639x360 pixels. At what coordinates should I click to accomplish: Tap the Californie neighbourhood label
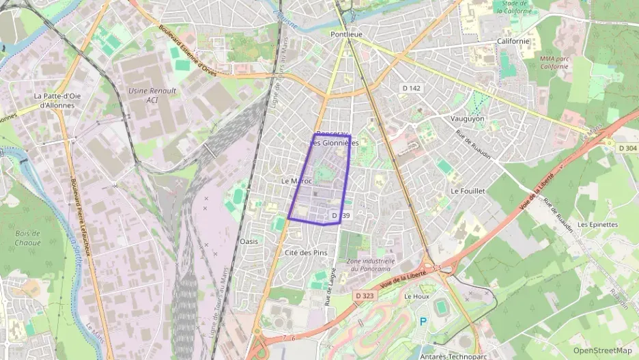pyautogui.click(x=513, y=41)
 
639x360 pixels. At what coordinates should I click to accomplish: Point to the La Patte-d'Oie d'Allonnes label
pyautogui.click(x=57, y=100)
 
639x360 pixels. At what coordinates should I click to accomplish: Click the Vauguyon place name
pyautogui.click(x=468, y=118)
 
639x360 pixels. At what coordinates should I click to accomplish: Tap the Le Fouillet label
pyautogui.click(x=468, y=191)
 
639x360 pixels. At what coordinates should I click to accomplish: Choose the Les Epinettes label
pyautogui.click(x=597, y=224)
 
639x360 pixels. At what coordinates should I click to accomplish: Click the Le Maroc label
pyautogui.click(x=296, y=181)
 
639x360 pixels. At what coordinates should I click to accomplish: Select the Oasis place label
pyautogui.click(x=249, y=242)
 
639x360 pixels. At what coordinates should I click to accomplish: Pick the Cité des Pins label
pyautogui.click(x=305, y=253)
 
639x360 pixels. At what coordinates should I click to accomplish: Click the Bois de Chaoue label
pyautogui.click(x=27, y=238)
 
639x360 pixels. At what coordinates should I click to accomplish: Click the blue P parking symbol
pyautogui.click(x=423, y=320)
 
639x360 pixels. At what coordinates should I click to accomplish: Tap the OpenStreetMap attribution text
pyautogui.click(x=603, y=350)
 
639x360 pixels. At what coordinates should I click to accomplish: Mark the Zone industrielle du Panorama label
pyautogui.click(x=370, y=264)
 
